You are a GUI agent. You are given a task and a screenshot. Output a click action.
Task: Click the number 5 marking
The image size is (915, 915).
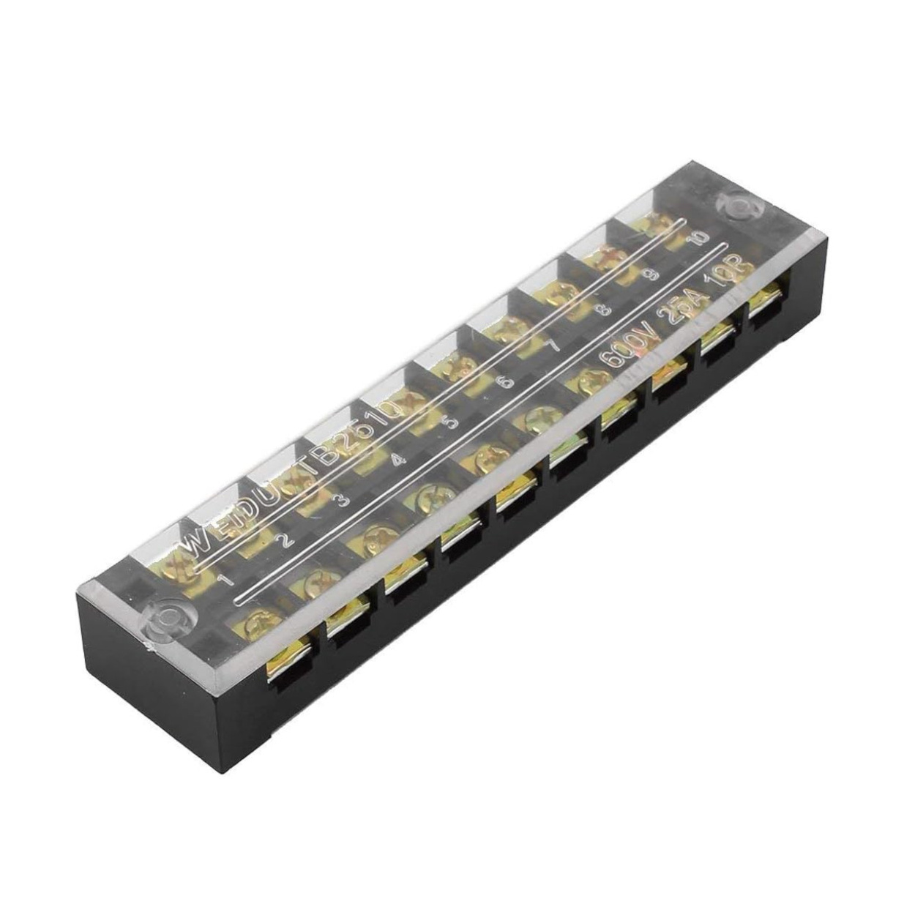tap(451, 422)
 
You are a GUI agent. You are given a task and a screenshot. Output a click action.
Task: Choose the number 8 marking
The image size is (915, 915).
tap(604, 310)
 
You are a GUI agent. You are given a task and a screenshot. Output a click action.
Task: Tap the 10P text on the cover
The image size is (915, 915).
tap(725, 275)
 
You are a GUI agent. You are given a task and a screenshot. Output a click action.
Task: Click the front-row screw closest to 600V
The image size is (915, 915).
tap(579, 381)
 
